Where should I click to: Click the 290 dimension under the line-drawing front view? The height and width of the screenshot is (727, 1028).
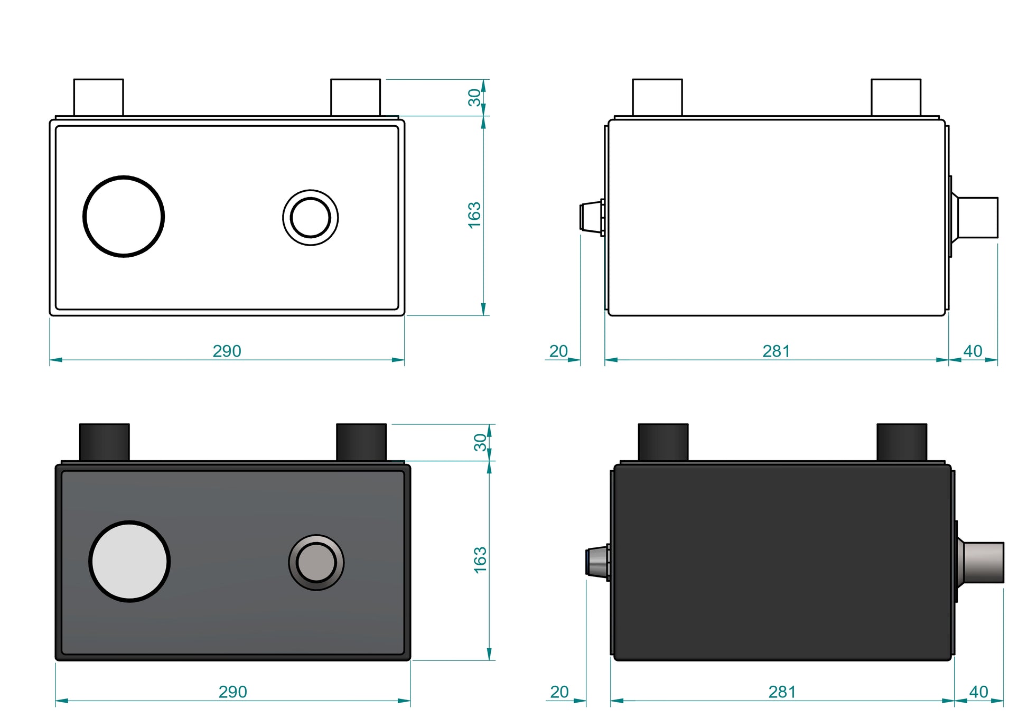[227, 351]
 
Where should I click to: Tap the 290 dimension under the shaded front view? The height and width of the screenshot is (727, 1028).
[232, 692]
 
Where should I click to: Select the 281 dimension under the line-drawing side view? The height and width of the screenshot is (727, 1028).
[776, 351]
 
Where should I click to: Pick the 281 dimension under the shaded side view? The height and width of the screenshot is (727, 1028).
[782, 692]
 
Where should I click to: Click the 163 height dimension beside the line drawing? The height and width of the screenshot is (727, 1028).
[474, 215]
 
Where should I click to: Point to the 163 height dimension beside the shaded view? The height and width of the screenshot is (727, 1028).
[480, 560]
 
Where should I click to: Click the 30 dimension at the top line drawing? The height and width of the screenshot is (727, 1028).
[474, 98]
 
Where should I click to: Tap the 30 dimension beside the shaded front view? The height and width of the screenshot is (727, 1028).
[480, 443]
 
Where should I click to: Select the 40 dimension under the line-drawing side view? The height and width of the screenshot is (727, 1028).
[973, 351]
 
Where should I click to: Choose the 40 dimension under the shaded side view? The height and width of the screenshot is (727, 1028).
[978, 692]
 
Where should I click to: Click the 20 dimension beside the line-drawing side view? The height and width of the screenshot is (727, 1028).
[558, 351]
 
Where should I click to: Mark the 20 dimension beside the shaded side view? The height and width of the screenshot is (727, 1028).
[559, 692]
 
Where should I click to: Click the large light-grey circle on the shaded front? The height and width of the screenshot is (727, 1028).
[129, 562]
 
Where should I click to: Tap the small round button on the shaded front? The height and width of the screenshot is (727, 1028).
[316, 562]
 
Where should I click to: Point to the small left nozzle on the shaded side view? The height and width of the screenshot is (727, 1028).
[597, 563]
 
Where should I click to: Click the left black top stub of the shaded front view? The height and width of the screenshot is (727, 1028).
[104, 442]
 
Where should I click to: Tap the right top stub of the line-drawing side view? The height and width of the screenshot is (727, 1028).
[896, 98]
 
